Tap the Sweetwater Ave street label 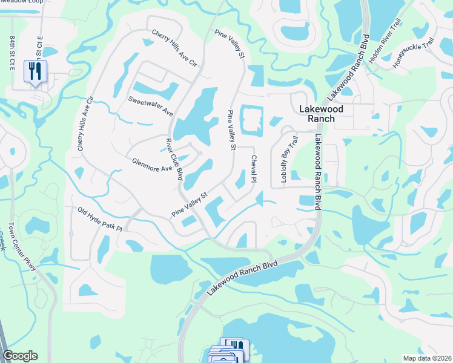151,105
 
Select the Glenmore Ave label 153,164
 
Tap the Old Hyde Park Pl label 100,220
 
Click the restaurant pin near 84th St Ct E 35,73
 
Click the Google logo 20,356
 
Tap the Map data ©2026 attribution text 427,358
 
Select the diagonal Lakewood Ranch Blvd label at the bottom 242,278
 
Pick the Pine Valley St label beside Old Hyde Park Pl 190,205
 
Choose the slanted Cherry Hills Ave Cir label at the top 175,48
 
